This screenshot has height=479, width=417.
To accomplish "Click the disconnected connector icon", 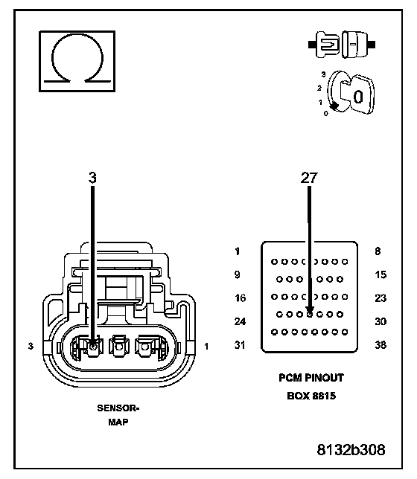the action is pyautogui.click(x=342, y=45).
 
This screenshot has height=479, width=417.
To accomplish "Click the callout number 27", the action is pyautogui.click(x=309, y=178).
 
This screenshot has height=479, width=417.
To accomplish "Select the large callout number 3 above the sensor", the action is pyautogui.click(x=92, y=178).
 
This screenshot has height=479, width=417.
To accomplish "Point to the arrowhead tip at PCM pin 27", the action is pyautogui.click(x=310, y=313).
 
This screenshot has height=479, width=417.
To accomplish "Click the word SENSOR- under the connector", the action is pyautogui.click(x=118, y=408).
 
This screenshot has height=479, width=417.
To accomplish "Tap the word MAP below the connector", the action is pyautogui.click(x=118, y=422).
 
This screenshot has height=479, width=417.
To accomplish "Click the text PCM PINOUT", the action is pyautogui.click(x=311, y=378).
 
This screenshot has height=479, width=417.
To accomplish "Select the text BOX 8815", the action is pyautogui.click(x=311, y=396).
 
